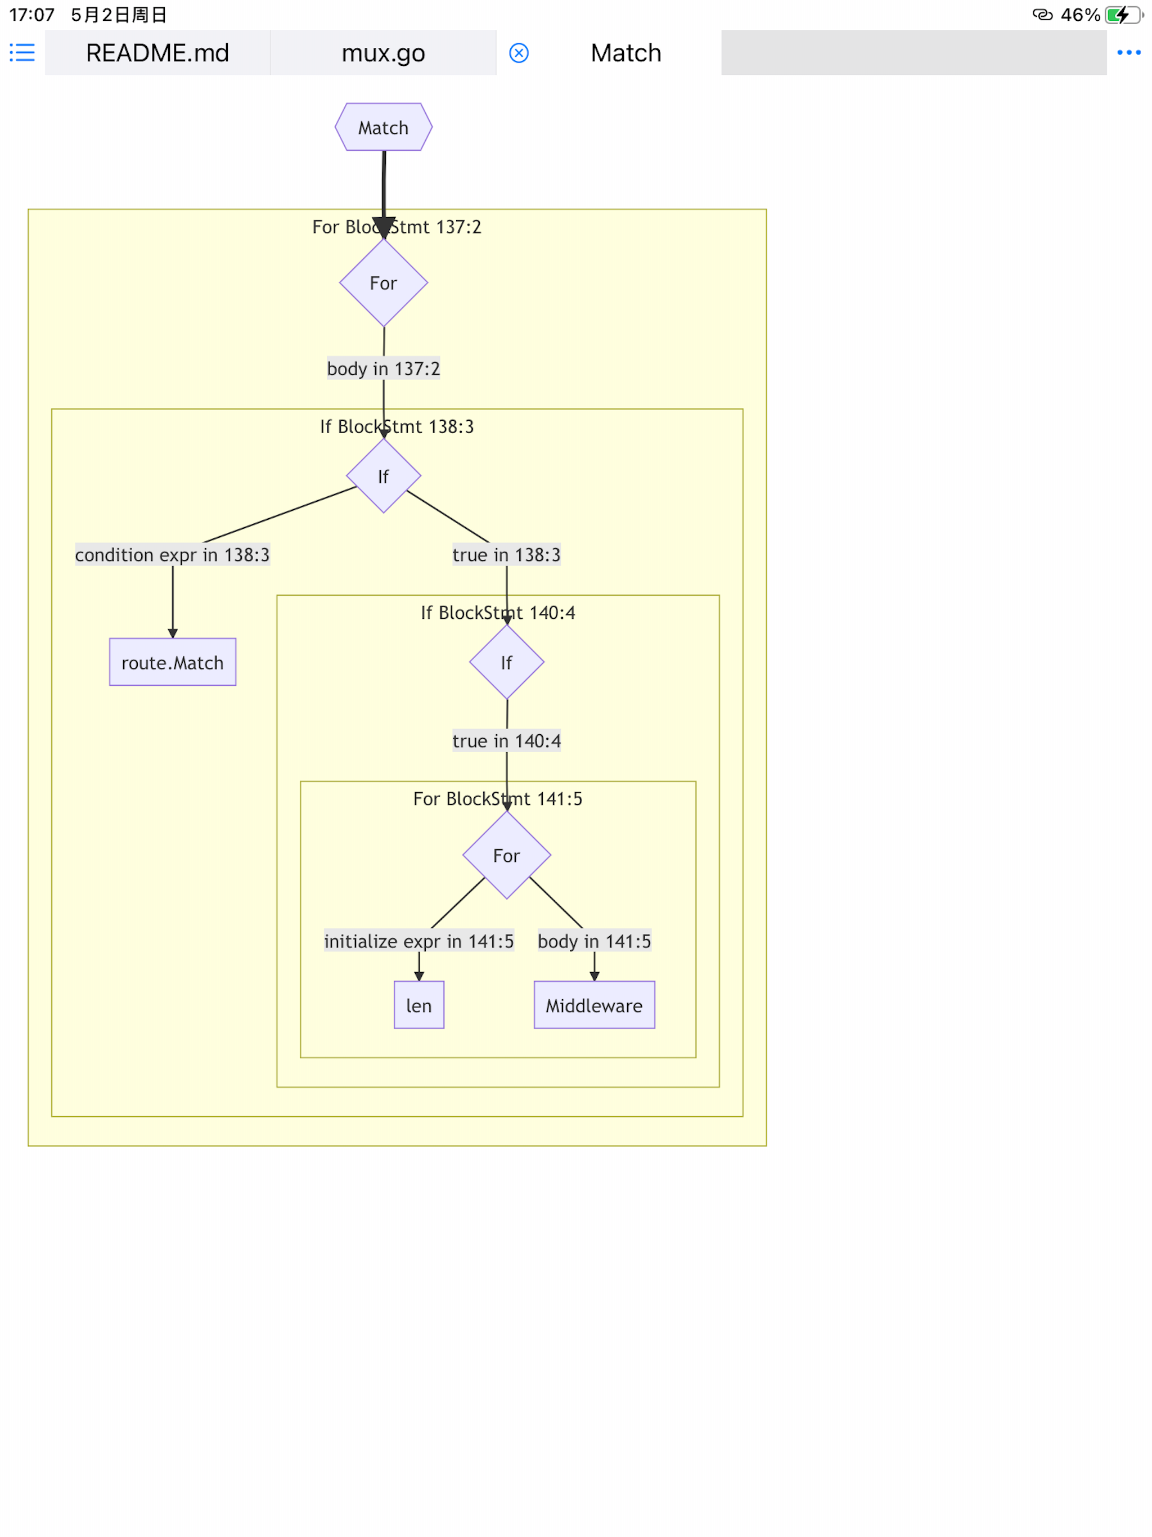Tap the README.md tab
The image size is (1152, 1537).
[x=157, y=53]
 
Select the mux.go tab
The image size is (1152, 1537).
[x=383, y=53]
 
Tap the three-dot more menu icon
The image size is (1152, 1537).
[x=1128, y=53]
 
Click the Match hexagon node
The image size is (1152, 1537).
[x=383, y=127]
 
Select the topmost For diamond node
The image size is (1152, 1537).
[x=383, y=283]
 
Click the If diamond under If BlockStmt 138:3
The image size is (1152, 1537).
[x=383, y=476]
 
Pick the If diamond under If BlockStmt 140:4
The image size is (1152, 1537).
[x=506, y=662]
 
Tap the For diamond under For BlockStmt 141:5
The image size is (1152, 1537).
[x=506, y=855]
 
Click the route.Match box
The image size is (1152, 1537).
[x=172, y=662]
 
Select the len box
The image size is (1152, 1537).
[x=418, y=1005]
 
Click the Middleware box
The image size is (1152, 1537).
[x=593, y=1005]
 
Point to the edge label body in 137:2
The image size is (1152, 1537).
[x=383, y=368]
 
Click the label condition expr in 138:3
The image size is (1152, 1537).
[x=172, y=555]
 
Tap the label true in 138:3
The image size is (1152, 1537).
[x=506, y=555]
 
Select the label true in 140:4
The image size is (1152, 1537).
[x=506, y=741]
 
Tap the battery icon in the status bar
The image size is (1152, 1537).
[x=1122, y=15]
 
